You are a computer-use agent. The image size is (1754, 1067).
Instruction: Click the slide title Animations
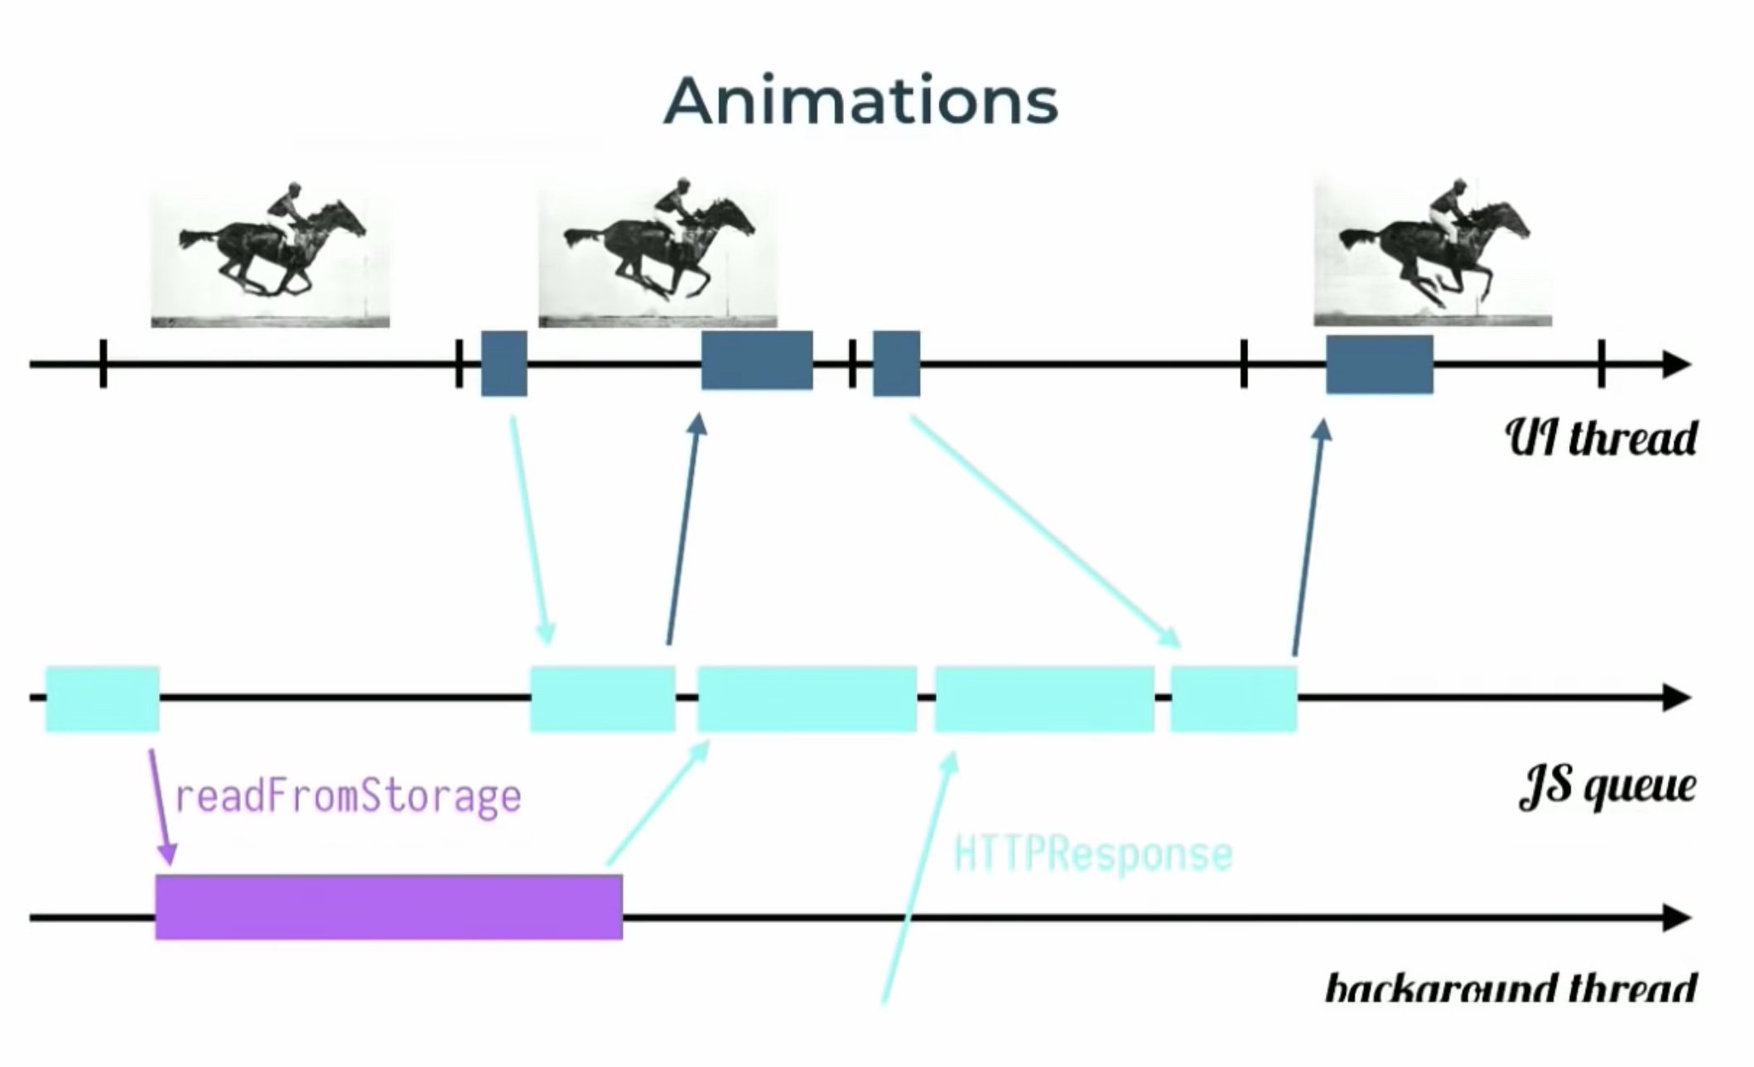860,101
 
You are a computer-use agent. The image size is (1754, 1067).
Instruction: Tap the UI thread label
1601,438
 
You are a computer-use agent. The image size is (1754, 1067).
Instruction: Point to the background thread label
1511,987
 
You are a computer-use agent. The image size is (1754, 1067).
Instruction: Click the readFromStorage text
348,797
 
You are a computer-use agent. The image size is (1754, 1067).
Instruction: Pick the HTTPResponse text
1092,854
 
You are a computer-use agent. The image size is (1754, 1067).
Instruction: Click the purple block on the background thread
388,906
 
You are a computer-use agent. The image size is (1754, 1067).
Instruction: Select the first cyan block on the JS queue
102,698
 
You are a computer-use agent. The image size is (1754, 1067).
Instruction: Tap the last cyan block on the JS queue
1233,698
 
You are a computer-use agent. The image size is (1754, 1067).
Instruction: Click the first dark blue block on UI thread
504,363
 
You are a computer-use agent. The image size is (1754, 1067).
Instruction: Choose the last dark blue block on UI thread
1379,364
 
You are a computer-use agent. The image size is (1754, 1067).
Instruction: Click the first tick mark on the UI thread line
103,363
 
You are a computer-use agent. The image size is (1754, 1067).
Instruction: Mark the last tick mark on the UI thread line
1601,363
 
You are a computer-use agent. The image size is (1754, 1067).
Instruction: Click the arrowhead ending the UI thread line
1676,364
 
